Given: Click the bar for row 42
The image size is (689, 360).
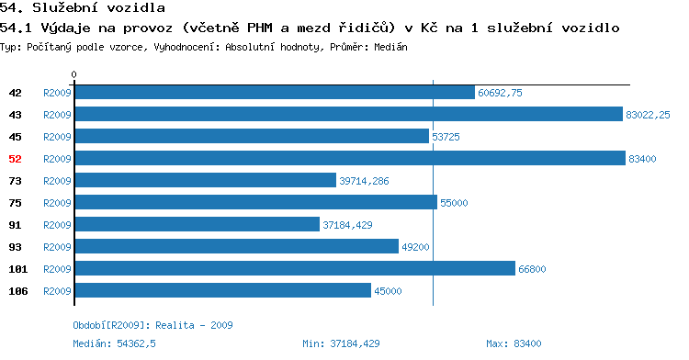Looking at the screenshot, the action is pos(275,93).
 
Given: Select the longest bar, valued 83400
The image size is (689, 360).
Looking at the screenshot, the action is pos(350,159).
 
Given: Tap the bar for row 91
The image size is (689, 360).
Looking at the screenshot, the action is pos(198,224).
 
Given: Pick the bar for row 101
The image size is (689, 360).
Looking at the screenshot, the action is pos(295,268).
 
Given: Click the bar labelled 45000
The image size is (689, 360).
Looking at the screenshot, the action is pos(223,290).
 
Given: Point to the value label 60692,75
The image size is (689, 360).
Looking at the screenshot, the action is pos(500,93).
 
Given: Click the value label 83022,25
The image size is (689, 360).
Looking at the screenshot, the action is pos(648,115).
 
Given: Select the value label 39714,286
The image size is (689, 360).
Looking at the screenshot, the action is pos(364,181).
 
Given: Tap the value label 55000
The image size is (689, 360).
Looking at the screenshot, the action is pos(454,203).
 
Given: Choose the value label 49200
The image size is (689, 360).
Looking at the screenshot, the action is pos(415,247).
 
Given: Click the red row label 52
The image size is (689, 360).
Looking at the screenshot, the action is pos(15,159).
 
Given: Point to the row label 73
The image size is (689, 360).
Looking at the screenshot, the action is pos(15,181).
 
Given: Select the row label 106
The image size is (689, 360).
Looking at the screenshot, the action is pos(18,291).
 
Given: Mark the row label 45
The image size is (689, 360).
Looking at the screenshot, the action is pos(15,137).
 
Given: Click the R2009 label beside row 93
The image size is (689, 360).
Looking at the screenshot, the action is pos(57,247).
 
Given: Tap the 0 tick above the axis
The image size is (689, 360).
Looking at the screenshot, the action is pos(73,74).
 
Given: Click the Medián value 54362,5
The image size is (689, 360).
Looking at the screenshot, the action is pos(136,343).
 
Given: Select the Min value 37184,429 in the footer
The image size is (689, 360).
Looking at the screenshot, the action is pos(355,343).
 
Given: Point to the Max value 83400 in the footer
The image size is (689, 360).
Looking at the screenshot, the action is pos(527,343).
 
